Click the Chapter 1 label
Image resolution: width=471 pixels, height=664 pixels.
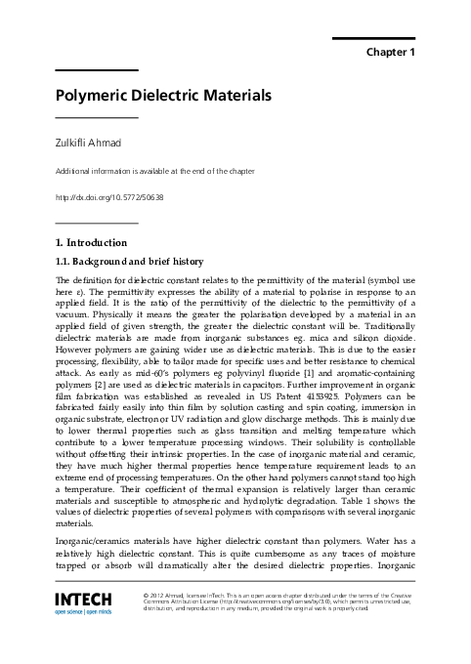[x=390, y=50]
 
